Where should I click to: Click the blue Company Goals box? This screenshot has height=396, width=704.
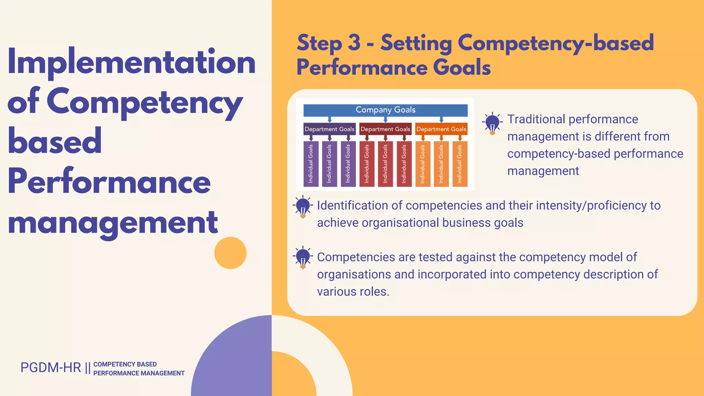click(385, 110)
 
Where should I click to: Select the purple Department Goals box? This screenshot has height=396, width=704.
click(329, 129)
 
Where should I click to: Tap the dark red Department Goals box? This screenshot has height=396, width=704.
click(385, 129)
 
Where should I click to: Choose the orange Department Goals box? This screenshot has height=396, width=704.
click(441, 129)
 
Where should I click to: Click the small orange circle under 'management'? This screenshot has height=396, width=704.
click(230, 253)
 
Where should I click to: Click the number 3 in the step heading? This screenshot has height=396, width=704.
click(354, 43)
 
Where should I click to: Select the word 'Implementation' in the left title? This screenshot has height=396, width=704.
click(131, 62)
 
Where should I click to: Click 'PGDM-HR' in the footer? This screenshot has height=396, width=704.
click(51, 368)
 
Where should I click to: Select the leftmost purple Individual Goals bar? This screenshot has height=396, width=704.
click(311, 164)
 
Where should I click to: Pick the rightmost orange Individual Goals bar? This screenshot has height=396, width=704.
click(460, 164)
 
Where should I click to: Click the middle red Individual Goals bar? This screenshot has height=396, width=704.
click(385, 164)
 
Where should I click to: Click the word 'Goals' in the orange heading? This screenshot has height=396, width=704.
click(462, 67)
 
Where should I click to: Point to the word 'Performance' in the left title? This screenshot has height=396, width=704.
click(109, 181)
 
